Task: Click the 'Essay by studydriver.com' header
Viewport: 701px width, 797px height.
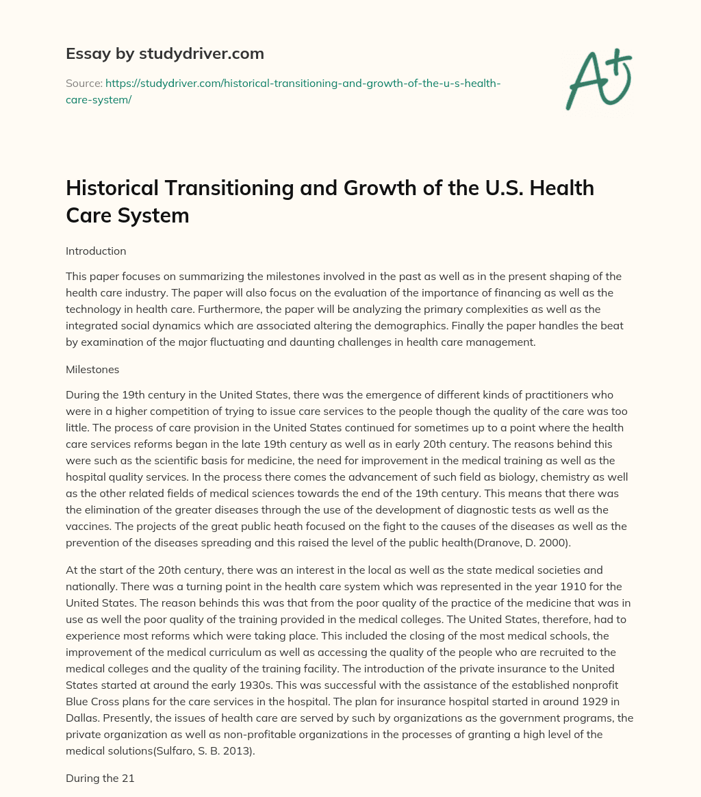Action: click(x=164, y=53)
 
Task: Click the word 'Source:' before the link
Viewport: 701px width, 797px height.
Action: click(x=84, y=83)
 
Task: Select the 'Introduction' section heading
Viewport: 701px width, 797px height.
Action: click(x=96, y=251)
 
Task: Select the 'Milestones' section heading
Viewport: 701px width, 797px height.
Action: click(x=92, y=369)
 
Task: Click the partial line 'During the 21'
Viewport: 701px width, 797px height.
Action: click(x=100, y=759)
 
